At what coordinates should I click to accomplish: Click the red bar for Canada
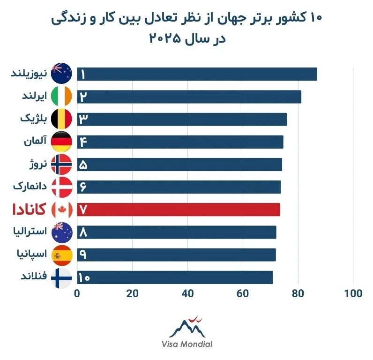tap(178, 210)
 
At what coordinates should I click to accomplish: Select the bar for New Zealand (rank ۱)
tap(197, 74)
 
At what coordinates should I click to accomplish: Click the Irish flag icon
tap(61, 97)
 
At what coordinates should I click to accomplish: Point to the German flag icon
tap(61, 142)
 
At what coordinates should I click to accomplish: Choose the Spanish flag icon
tap(61, 255)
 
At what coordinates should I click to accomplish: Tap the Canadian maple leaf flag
tap(61, 210)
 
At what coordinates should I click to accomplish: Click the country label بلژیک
tap(33, 119)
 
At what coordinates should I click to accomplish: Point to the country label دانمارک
tap(31, 187)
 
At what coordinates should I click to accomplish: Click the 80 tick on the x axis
tap(298, 294)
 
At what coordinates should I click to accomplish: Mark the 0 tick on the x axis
tap(77, 294)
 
